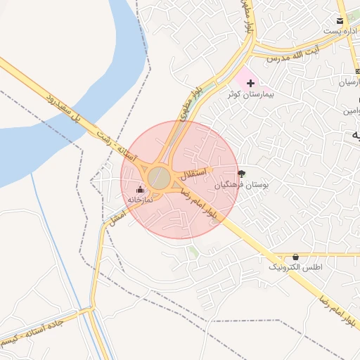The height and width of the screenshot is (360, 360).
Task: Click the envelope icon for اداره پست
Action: click(x=340, y=20)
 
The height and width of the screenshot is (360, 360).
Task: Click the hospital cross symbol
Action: click(x=251, y=83)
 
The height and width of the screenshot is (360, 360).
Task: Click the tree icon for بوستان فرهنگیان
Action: click(x=242, y=173)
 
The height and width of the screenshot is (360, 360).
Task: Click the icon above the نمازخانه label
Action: click(x=140, y=189)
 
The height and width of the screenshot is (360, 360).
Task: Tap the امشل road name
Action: click(x=113, y=217)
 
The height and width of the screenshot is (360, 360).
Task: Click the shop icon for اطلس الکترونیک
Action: click(x=295, y=257)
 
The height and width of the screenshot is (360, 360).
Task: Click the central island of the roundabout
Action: click(x=159, y=178)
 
